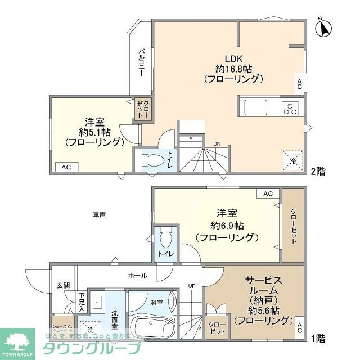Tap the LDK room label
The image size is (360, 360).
233,68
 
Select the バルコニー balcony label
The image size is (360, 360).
142,64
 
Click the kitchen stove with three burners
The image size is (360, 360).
291,107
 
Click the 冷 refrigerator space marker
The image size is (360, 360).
292,159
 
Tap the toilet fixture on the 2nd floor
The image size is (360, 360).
151,160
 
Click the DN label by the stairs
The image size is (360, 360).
217,144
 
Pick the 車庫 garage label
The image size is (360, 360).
100,214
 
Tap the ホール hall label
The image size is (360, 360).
137,276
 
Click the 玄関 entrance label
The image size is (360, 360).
63,285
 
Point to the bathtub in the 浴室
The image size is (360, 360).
152,326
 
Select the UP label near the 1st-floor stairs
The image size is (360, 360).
192,286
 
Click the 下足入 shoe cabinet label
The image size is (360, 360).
82,303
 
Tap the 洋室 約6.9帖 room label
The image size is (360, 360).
227,225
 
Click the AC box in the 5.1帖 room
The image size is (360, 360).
66,166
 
